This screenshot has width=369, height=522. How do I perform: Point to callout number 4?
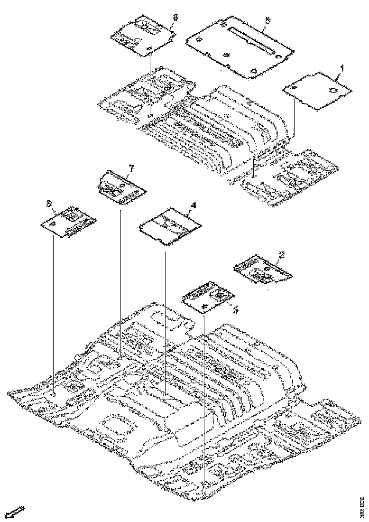(x=193, y=205)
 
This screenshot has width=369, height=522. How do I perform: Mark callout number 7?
(x=132, y=168)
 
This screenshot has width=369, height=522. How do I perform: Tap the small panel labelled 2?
(x=262, y=270)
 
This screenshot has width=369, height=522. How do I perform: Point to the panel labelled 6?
(x=68, y=222)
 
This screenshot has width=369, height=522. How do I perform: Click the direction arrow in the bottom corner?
(x=17, y=512)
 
